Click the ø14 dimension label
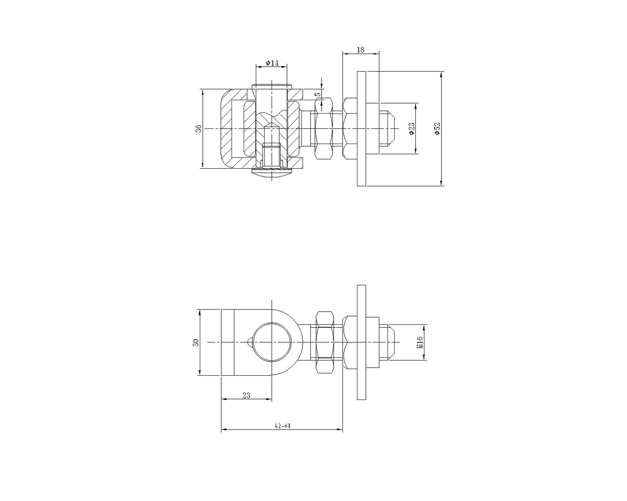272,63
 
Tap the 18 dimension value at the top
360,50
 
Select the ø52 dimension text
437,128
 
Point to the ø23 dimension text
411,128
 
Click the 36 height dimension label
199,128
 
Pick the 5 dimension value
318,94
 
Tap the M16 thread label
420,342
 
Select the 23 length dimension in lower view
246,395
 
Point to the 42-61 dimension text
283,426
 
